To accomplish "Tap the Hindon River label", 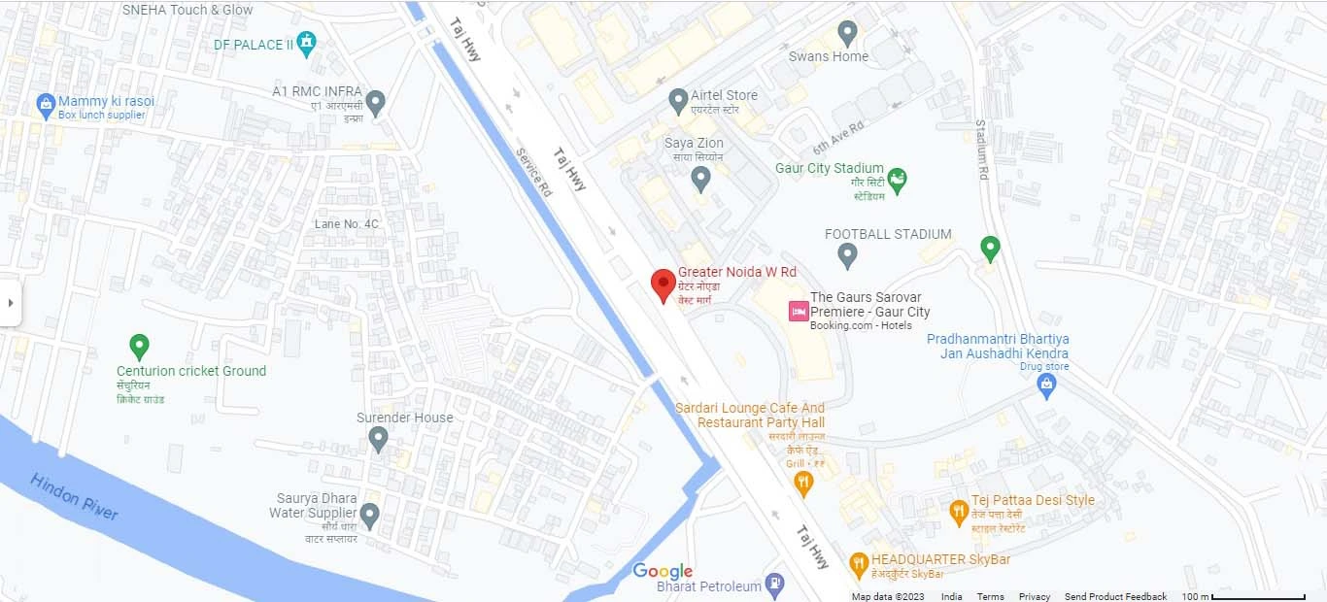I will pyautogui.click(x=74, y=495).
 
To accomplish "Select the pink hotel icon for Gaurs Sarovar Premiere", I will pyautogui.click(x=798, y=311).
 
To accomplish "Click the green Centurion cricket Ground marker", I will pyautogui.click(x=139, y=345).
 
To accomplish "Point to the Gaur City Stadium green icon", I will pyautogui.click(x=898, y=179).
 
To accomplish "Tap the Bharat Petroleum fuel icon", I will pyautogui.click(x=774, y=583).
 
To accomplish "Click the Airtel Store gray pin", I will pyautogui.click(x=679, y=99).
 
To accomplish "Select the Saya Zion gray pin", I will pyautogui.click(x=700, y=178).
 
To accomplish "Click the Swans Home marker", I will pyautogui.click(x=848, y=32).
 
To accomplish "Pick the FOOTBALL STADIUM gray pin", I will pyautogui.click(x=847, y=255).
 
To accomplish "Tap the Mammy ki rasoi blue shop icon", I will pyautogui.click(x=45, y=104).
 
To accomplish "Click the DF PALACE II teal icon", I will pyautogui.click(x=307, y=42).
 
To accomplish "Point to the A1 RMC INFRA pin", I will pyautogui.click(x=375, y=101).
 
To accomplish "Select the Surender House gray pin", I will pyautogui.click(x=379, y=439).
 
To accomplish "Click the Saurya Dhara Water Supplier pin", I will pyautogui.click(x=369, y=514).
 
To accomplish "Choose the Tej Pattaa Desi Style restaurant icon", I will pyautogui.click(x=959, y=510).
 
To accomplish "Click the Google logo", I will pyautogui.click(x=663, y=571).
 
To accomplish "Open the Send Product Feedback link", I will pyautogui.click(x=1115, y=596).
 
